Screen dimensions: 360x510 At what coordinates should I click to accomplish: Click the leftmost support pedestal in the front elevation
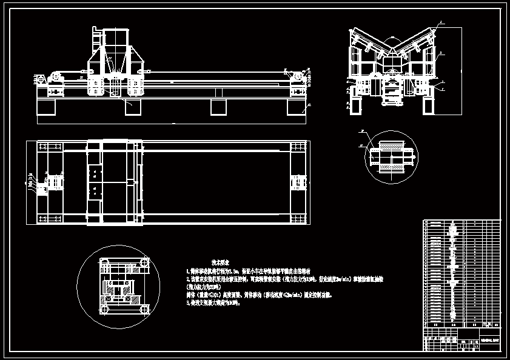pyautogui.click(x=47, y=107)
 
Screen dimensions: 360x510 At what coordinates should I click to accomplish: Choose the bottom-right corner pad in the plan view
pyautogui.click(x=298, y=215)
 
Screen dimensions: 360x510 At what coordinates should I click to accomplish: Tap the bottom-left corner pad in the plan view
pyautogui.click(x=42, y=215)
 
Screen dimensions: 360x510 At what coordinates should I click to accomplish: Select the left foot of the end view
pyautogui.click(x=357, y=107)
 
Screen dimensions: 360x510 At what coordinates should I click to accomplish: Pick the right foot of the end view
pyautogui.click(x=428, y=107)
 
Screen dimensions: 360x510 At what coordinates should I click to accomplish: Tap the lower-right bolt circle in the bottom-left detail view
pyautogui.click(x=144, y=309)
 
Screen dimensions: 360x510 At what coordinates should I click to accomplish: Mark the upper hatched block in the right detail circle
pyautogui.click(x=391, y=147)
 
